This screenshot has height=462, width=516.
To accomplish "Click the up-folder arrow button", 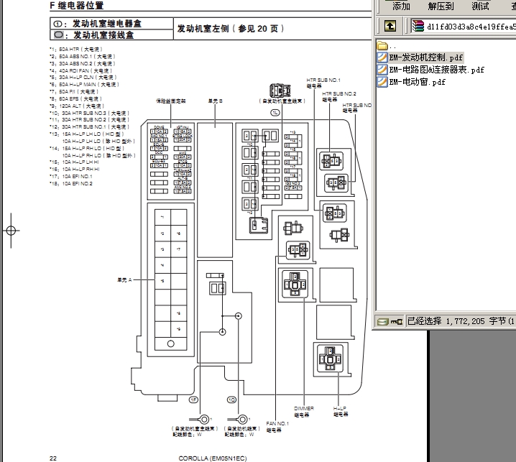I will (390, 27).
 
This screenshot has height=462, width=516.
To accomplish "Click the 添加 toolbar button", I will (400, 6).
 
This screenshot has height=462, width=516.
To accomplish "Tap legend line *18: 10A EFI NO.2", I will (71, 183).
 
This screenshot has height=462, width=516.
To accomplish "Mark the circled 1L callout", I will (275, 114).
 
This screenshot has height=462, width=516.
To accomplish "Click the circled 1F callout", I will (193, 399).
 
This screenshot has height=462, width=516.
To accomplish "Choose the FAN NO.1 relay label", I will (277, 427).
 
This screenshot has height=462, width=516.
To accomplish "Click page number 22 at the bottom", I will (52, 458).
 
